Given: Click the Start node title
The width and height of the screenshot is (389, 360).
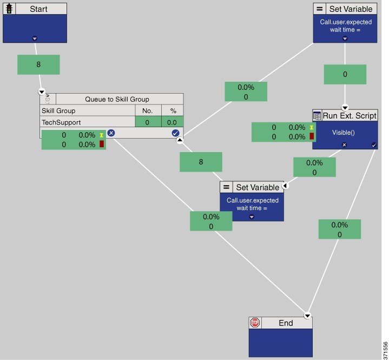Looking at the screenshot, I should [38, 9].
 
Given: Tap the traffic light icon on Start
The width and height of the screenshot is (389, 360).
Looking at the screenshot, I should [9, 9].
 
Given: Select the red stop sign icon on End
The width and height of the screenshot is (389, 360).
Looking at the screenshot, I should [255, 323].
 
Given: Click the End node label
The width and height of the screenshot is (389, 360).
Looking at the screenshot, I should [286, 323].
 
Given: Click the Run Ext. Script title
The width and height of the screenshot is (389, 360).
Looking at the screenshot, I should [350, 116].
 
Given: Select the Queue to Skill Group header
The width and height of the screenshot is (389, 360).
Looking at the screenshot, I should [117, 99].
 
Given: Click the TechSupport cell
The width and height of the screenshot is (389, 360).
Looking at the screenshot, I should [61, 122].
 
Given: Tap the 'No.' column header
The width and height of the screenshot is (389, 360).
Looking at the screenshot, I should [148, 110].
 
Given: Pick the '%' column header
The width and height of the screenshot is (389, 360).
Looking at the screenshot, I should [173, 110].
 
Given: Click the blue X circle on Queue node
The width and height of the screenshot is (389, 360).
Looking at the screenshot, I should [111, 133].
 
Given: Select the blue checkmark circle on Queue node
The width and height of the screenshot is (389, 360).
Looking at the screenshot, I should [175, 133].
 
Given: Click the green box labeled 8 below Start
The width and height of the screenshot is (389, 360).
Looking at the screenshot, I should [38, 65].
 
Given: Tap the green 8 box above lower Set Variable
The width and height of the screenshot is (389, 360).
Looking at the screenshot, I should [201, 162].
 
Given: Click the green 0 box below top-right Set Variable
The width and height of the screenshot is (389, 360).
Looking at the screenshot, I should [345, 75].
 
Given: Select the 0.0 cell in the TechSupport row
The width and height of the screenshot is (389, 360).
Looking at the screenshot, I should [173, 122].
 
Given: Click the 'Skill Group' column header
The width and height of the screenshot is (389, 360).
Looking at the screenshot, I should [58, 110].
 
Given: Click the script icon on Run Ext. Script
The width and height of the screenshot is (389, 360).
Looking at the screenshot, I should [317, 116].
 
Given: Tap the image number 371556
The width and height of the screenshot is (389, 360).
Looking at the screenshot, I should [385, 350].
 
